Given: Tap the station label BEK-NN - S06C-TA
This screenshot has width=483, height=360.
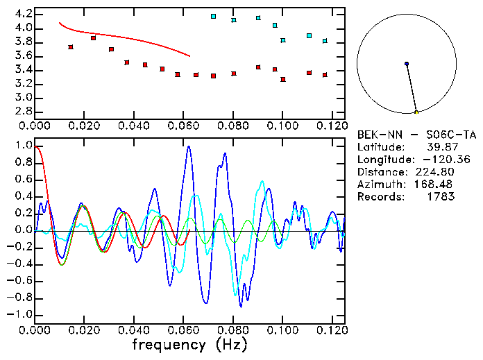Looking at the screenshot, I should (x=416, y=135).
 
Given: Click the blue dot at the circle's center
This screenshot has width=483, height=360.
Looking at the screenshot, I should (x=406, y=64).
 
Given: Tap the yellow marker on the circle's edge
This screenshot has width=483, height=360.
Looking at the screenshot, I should (x=416, y=112).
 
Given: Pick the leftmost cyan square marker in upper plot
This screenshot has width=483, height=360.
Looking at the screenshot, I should (x=213, y=16).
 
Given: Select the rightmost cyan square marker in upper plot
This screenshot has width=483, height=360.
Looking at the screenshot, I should (x=325, y=41).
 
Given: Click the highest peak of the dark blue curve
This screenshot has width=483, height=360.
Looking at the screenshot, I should (x=188, y=146).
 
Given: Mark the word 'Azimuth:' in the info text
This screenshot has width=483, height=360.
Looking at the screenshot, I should (x=379, y=185).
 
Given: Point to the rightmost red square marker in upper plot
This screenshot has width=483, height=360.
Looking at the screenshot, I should (x=325, y=75).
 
